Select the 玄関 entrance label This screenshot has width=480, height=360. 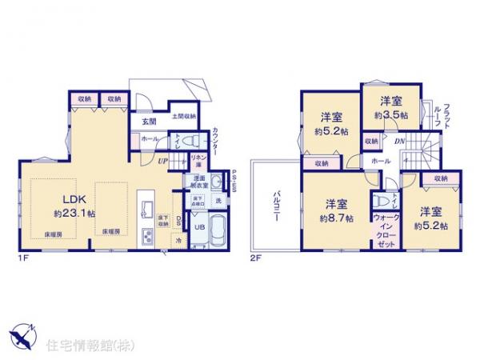point(150,122)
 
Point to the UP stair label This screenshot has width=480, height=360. point(162,160)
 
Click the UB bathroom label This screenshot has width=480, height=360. point(202,226)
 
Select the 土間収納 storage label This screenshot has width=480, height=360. point(183,117)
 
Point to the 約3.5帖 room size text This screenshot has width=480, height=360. point(391,114)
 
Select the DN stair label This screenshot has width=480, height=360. point(398,141)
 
